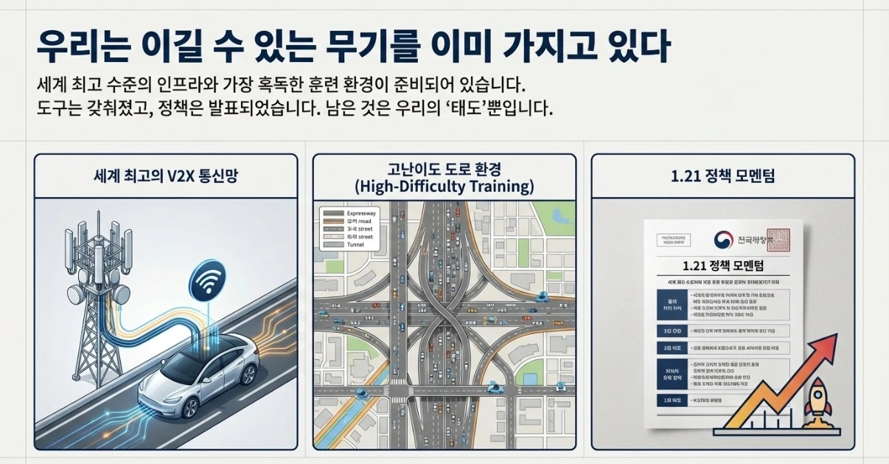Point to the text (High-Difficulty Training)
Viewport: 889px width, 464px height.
point(444,186)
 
